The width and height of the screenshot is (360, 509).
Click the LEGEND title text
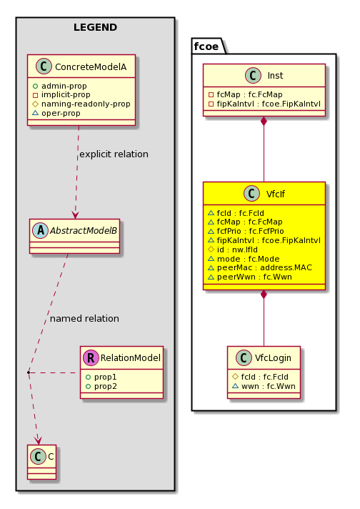pos(95,27)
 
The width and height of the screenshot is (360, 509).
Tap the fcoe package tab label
pos(206,46)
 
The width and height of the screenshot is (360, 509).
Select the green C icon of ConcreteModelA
pos(44,66)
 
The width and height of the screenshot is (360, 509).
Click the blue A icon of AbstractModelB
pos(41,230)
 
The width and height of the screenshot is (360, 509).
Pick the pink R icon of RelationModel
pos(91,357)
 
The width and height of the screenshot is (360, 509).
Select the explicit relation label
pos(114,154)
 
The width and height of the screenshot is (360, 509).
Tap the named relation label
pos(84,318)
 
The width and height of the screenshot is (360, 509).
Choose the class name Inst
pos(275,76)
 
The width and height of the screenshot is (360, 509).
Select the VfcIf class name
pos(275,194)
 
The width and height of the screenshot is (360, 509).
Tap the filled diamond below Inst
pos(264,121)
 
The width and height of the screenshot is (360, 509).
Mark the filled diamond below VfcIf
pos(264,295)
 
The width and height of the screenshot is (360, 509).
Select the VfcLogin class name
pos(273,357)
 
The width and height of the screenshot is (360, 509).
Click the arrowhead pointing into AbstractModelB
pos(75,215)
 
